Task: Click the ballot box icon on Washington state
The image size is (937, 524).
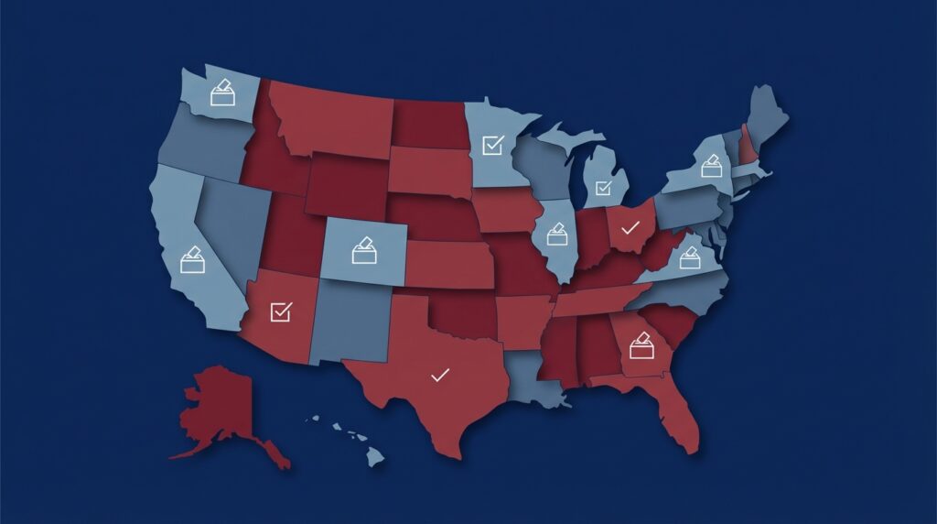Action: pos(222,93)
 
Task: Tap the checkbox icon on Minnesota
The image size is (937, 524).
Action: pos(493,145)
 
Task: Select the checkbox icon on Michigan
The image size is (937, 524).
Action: pos(603,189)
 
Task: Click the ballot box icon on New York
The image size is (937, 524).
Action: pos(711,166)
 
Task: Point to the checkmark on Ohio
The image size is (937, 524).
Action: pos(630,227)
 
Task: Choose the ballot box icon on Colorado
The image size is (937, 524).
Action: pos(364,250)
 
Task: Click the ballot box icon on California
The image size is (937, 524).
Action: pos(192,260)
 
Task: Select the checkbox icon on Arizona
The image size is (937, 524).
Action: pos(281,311)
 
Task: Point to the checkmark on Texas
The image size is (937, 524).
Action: pos(440,374)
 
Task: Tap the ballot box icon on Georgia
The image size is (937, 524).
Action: pos(642,345)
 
